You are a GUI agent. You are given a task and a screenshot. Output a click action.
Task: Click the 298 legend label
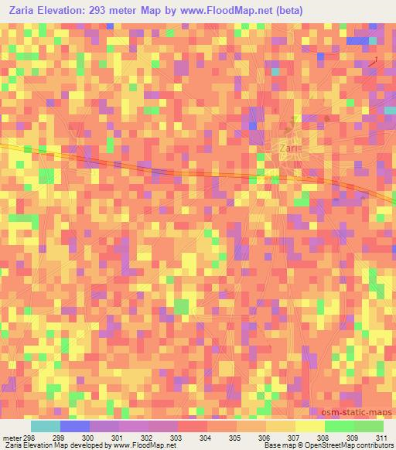click(29, 438)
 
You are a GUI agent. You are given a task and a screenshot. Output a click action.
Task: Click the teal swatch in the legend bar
click(45, 426)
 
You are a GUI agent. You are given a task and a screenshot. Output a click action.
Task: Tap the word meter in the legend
click(10, 438)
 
